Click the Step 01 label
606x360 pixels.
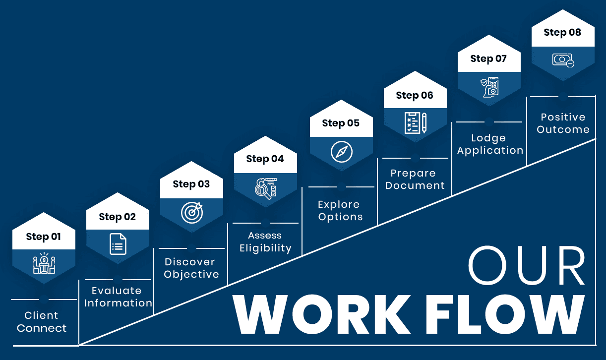[x=43, y=237]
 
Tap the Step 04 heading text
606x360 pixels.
[x=265, y=159]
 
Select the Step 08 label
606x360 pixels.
[x=562, y=32]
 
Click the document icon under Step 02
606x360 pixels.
[x=118, y=244]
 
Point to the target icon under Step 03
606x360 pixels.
[x=192, y=213]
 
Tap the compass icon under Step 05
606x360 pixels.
[x=341, y=151]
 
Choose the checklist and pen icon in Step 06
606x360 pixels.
[x=415, y=123]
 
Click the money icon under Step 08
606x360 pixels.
[x=563, y=60]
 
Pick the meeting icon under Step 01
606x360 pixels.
[x=44, y=263]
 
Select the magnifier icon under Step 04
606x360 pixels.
[x=266, y=188]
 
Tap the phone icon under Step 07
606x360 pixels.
[x=489, y=87]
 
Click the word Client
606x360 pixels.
[x=41, y=315]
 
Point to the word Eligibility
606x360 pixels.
[x=265, y=248]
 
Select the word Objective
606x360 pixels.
[x=191, y=274]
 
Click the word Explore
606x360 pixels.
[x=339, y=204]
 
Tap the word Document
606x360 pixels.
[x=415, y=185]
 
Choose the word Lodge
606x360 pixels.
[x=488, y=138]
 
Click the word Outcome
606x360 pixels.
[x=563, y=129]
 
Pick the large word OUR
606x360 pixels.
[x=526, y=265]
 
